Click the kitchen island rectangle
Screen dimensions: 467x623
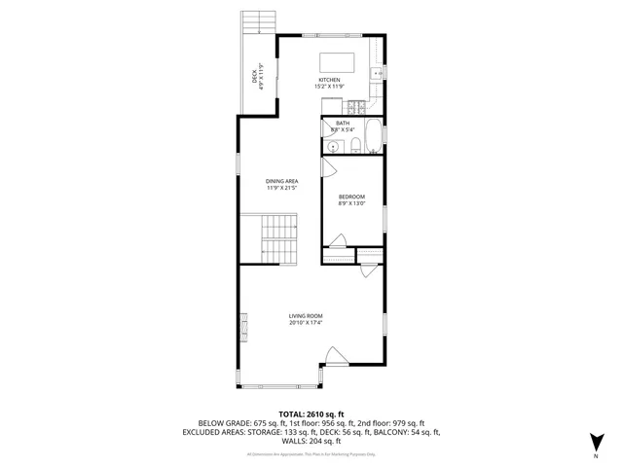click(336, 54)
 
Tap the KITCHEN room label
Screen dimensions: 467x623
click(329, 80)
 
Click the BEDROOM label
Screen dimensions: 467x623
click(351, 197)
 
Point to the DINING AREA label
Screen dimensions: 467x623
click(282, 181)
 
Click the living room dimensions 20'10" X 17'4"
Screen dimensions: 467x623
click(306, 323)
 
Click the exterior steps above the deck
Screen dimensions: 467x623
click(258, 20)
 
